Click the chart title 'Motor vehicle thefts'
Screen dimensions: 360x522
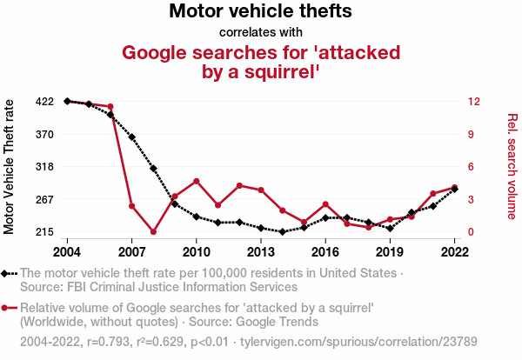(260, 12)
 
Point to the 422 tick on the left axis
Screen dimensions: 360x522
(45, 102)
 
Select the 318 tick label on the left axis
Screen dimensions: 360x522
(45, 167)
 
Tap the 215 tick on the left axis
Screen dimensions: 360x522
(45, 232)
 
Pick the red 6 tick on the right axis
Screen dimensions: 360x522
(471, 167)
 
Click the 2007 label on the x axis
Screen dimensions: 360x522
(131, 252)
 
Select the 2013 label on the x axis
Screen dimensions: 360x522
(261, 252)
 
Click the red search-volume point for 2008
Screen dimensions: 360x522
(153, 232)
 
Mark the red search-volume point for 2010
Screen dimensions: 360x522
(197, 181)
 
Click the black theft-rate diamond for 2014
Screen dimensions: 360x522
(283, 232)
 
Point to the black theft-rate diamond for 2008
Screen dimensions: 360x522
(153, 169)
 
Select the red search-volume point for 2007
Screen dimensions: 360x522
(131, 206)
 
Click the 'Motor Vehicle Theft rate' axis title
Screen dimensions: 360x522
(10, 167)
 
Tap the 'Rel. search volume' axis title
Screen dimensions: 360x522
(512, 166)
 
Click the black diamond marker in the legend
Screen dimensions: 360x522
(6, 273)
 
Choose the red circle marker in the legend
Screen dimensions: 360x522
(6, 308)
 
